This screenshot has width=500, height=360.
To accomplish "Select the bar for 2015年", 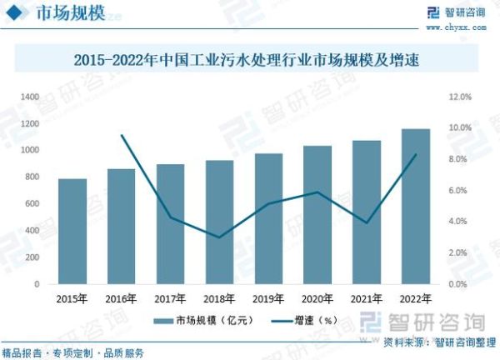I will [x=72, y=231].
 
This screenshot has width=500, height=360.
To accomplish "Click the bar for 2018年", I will [x=219, y=222].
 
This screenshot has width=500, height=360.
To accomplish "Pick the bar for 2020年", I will [x=317, y=214].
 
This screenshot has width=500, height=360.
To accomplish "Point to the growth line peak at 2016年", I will [x=122, y=135].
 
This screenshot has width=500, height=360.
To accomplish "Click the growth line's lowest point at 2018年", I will [x=219, y=237].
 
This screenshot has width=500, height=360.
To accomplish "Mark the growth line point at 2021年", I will [x=366, y=223].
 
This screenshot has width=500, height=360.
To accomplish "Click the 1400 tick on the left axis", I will [x=30, y=97].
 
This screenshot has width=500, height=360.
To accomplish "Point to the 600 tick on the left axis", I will [x=32, y=203].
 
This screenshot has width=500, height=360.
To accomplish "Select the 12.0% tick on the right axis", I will [x=460, y=97].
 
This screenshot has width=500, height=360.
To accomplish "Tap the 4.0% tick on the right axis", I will [x=462, y=222].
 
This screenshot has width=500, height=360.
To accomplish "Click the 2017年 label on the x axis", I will [x=171, y=298].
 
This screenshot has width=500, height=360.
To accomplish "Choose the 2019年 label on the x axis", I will [x=268, y=298].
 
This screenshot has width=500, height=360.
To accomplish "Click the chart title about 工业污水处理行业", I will [x=250, y=60].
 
